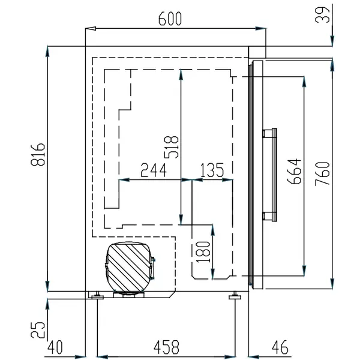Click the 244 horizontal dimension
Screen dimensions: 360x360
[154, 170]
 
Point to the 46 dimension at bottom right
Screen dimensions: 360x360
[279, 346]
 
